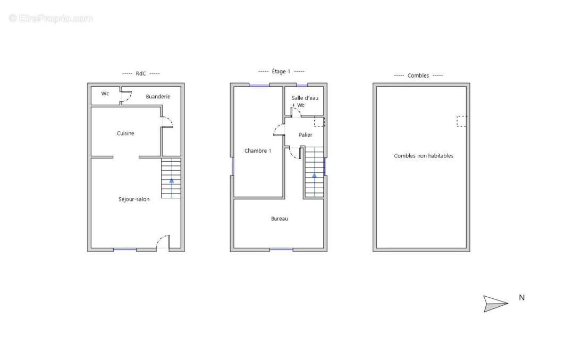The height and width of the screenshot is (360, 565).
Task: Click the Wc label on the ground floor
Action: pos(105,94)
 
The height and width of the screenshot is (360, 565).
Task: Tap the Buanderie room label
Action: pos(158,97)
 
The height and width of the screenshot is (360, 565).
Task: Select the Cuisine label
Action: pos(125,133)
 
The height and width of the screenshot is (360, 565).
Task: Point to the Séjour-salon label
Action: pos(134,199)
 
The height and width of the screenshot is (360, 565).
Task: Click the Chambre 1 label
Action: pos(258,151)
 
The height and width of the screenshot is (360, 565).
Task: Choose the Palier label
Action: pos(306,135)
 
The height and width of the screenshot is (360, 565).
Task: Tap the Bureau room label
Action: pos(280,219)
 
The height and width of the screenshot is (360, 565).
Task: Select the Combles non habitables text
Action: pos(424,156)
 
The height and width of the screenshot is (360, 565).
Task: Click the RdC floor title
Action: pos(141,73)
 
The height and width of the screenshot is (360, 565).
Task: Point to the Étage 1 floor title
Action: pos(281,71)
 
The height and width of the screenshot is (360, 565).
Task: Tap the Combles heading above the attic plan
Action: pos(418,76)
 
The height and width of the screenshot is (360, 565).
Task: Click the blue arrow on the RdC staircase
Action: pos(172,181)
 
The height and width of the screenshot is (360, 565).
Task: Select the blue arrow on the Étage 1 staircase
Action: pos(314,175)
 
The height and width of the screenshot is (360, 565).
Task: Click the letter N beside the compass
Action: pos(522,298)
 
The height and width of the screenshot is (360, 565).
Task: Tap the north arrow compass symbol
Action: pos(495,304)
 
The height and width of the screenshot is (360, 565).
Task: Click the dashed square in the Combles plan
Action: pos(462,121)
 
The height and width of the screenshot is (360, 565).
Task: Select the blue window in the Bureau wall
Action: pos(281,249)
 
